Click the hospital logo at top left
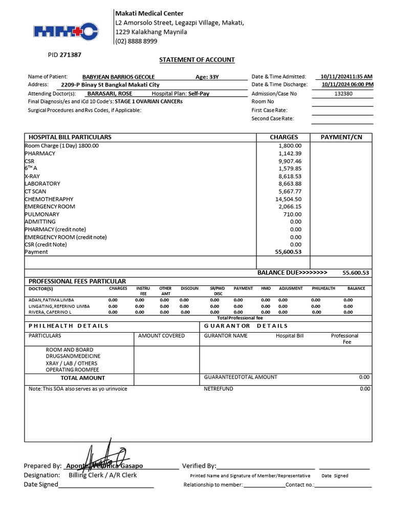(x=65, y=32)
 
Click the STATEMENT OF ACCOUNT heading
(x=197, y=60)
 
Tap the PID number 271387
(x=71, y=54)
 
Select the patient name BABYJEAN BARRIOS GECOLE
(x=118, y=77)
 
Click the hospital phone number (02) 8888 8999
(x=136, y=41)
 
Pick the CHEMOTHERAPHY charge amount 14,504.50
(x=289, y=199)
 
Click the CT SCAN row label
(x=35, y=191)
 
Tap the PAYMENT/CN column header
(x=341, y=137)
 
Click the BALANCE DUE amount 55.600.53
(x=356, y=273)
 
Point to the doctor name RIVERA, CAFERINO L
(x=50, y=312)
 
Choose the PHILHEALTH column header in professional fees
(x=323, y=289)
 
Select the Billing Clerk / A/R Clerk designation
(x=103, y=475)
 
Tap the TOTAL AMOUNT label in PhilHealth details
(x=83, y=378)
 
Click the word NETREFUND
(x=219, y=389)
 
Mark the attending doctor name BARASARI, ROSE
(x=110, y=94)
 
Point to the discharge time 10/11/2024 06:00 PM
(x=347, y=84)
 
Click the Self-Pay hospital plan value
(x=199, y=94)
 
